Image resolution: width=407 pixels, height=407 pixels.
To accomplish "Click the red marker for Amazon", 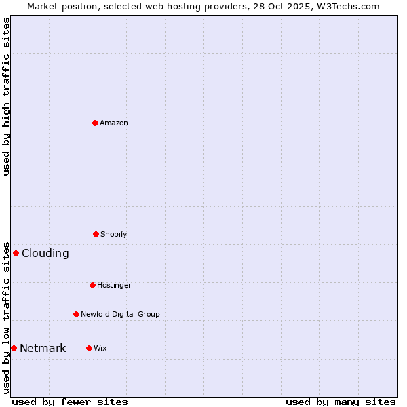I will pyautogui.click(x=96, y=123).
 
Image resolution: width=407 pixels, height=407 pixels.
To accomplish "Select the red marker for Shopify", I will pyautogui.click(x=96, y=234).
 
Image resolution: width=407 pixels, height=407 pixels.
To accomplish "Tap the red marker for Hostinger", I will pyautogui.click(x=92, y=285).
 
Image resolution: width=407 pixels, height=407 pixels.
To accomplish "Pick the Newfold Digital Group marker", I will pyautogui.click(x=76, y=314).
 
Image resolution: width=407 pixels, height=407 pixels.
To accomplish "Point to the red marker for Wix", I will pyautogui.click(x=89, y=348).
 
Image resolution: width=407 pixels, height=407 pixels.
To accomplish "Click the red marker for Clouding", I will pyautogui.click(x=16, y=253).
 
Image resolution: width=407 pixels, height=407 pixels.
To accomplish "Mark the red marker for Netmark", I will pyautogui.click(x=14, y=348).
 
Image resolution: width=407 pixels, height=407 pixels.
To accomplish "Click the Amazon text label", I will pyautogui.click(x=114, y=123).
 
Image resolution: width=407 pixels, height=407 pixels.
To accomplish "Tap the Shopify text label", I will pyautogui.click(x=114, y=234).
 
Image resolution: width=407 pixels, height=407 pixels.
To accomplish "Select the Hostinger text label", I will pyautogui.click(x=114, y=285).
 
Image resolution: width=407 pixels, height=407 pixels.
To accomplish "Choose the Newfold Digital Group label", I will pyautogui.click(x=120, y=314).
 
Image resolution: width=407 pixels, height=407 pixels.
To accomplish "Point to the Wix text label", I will pyautogui.click(x=100, y=348).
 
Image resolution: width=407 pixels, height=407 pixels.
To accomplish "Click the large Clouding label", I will pyautogui.click(x=45, y=253).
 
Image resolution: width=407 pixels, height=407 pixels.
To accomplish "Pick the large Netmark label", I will pyautogui.click(x=43, y=348).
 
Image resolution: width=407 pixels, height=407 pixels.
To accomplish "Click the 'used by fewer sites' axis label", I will pyautogui.click(x=70, y=402).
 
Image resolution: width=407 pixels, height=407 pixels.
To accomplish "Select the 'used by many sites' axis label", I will pyautogui.click(x=341, y=402).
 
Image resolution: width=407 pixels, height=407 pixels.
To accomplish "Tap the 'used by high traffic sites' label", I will pyautogui.click(x=6, y=96).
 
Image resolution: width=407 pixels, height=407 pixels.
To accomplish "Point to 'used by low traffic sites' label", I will pyautogui.click(x=6, y=317).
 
